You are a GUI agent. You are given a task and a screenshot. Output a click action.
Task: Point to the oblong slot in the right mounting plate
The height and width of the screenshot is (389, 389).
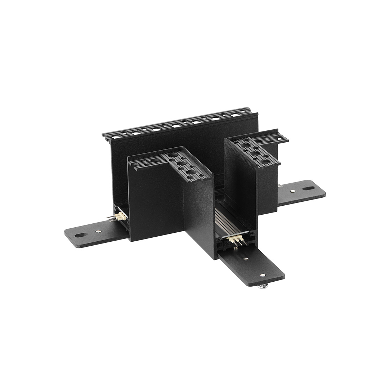point(309,188)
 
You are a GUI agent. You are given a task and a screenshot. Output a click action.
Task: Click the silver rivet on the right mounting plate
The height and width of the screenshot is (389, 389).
point(292,191)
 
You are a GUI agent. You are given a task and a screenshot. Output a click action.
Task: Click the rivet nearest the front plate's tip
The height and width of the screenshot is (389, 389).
point(263,275)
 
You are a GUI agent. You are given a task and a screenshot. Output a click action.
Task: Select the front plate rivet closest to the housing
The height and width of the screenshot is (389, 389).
point(245,259)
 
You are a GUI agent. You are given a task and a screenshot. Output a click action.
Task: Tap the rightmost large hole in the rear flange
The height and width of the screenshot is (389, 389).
point(236,115)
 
